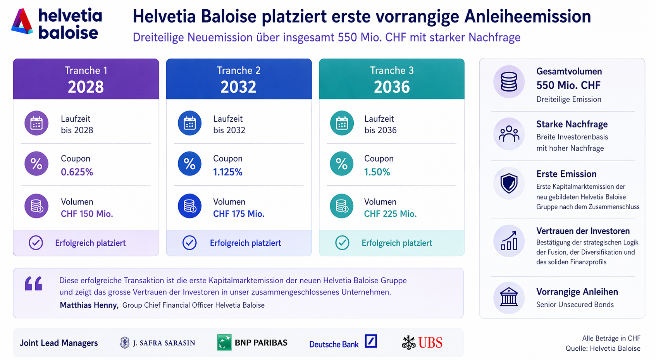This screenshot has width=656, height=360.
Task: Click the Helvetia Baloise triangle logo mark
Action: pos(22,22)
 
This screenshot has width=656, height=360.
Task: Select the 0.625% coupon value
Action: pos(77,172)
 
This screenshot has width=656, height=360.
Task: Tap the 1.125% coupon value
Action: pos(227,172)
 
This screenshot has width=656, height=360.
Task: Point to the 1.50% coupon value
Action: pos(377,172)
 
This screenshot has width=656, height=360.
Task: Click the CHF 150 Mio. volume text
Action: pos(87,214)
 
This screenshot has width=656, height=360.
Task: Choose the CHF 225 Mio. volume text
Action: pos(390,214)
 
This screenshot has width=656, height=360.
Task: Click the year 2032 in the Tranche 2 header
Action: pos(238,87)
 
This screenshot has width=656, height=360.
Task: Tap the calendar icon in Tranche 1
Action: pos(36,123)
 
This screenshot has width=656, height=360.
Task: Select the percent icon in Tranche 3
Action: pos(342,164)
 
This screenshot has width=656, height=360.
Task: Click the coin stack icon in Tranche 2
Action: pos(189,206)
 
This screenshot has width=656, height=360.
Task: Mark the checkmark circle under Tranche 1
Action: pos(36,243)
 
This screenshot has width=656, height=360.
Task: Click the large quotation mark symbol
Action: pos(33,283)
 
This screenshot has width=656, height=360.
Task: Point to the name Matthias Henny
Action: pos(89,305)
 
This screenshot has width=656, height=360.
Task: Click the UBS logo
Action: pos(422,343)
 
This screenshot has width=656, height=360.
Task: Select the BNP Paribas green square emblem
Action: pos(224,343)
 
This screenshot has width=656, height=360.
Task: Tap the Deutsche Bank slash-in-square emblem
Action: pos(371,341)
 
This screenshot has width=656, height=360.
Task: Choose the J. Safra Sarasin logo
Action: pos(158,343)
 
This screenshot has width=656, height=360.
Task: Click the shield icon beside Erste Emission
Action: pos(509,183)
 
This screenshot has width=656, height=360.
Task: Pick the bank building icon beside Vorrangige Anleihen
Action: pos(509,297)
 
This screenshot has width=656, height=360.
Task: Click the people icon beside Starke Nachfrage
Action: pos(509,134)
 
